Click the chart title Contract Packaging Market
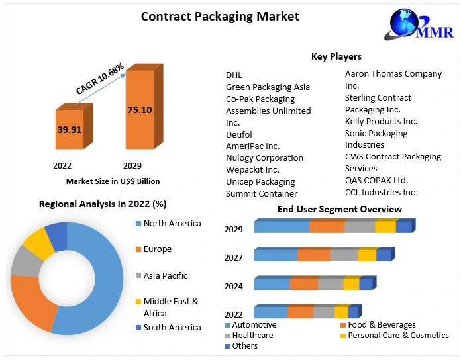point(211,17)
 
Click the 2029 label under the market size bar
point(132,165)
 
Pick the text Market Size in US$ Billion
point(113,181)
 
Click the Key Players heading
point(336,56)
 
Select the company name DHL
point(234,75)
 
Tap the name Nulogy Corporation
point(264,157)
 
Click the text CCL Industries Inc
point(380,192)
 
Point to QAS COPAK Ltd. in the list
point(376,180)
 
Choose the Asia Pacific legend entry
point(165,275)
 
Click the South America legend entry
point(172,327)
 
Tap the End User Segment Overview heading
point(339,209)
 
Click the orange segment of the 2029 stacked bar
point(327,227)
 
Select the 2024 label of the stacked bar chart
point(234,286)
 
